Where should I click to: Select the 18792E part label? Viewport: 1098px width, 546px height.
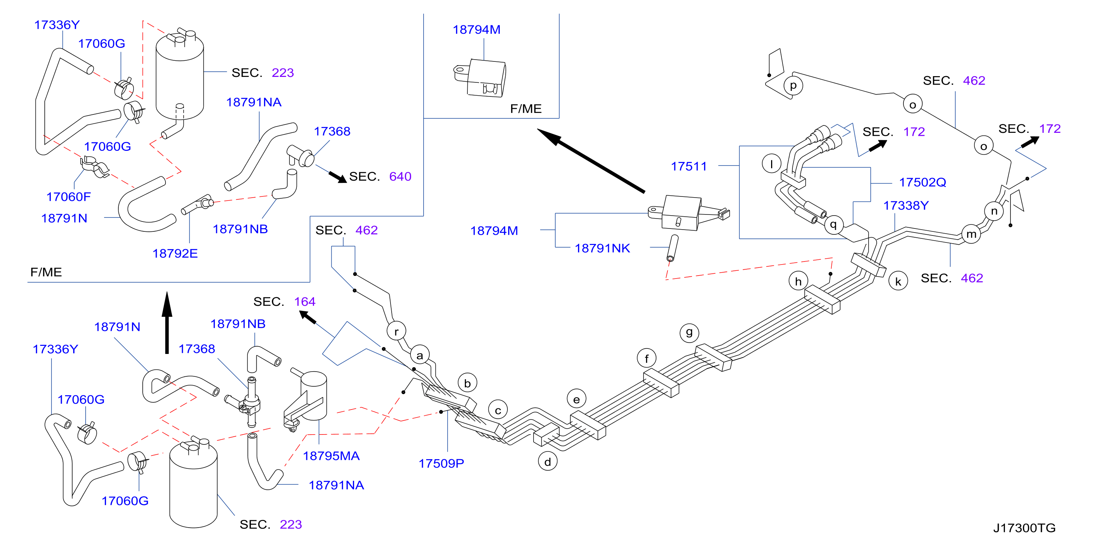point(175,253)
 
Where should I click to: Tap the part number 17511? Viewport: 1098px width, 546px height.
point(689,166)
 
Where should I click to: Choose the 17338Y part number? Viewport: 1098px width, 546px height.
point(906,206)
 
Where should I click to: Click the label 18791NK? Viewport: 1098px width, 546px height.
point(602,248)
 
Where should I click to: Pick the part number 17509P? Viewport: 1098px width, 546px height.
point(441,463)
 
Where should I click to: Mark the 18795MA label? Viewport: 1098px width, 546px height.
point(331,456)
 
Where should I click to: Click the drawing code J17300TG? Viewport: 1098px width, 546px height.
point(1024,528)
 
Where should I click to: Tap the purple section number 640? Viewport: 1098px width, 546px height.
point(400,177)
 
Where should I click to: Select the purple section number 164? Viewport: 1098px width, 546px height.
point(305,302)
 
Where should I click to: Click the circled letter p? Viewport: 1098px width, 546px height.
point(793,85)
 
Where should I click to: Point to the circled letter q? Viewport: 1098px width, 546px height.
point(833,224)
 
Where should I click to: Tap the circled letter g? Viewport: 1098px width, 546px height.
point(689,332)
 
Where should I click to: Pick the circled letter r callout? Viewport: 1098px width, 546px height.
point(396,331)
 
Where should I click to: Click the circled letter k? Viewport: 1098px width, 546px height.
point(898,281)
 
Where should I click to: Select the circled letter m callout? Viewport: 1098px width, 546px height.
point(971,234)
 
